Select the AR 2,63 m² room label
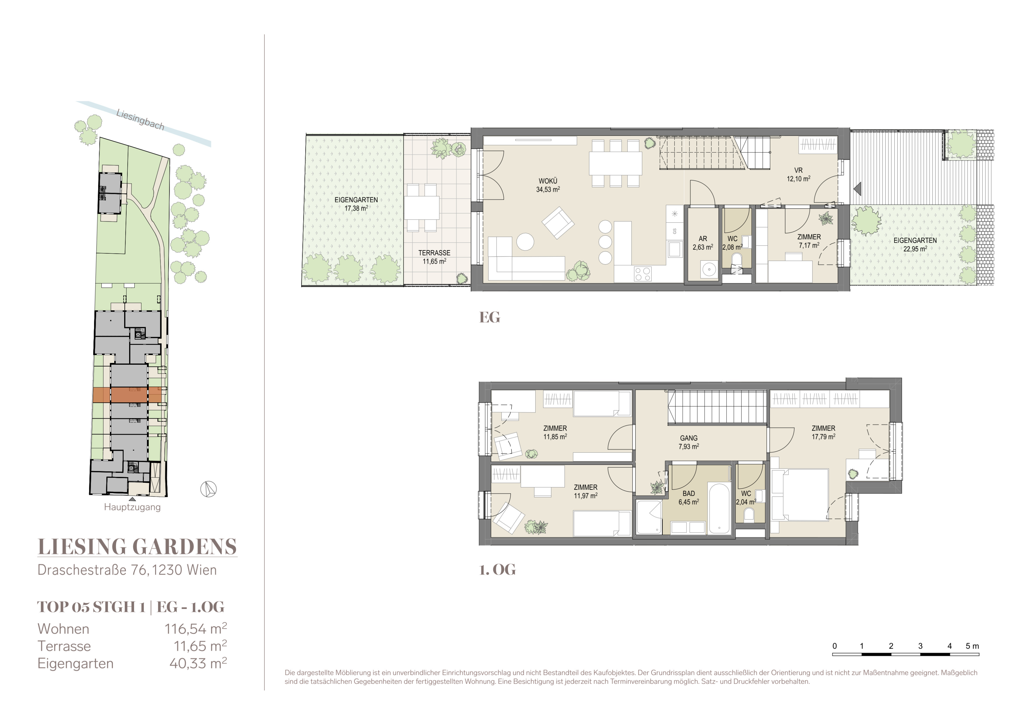(703, 243)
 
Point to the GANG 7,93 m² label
(689, 442)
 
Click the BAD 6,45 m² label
(689, 498)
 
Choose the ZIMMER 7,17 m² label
(809, 241)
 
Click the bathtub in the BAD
(719, 508)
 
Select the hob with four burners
(643, 274)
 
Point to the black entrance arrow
(857, 189)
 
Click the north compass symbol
(209, 489)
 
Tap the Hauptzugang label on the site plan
(132, 507)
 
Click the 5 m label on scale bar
(972, 646)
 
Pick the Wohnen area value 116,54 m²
(196, 629)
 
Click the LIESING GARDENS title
(137, 547)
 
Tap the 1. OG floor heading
(497, 570)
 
